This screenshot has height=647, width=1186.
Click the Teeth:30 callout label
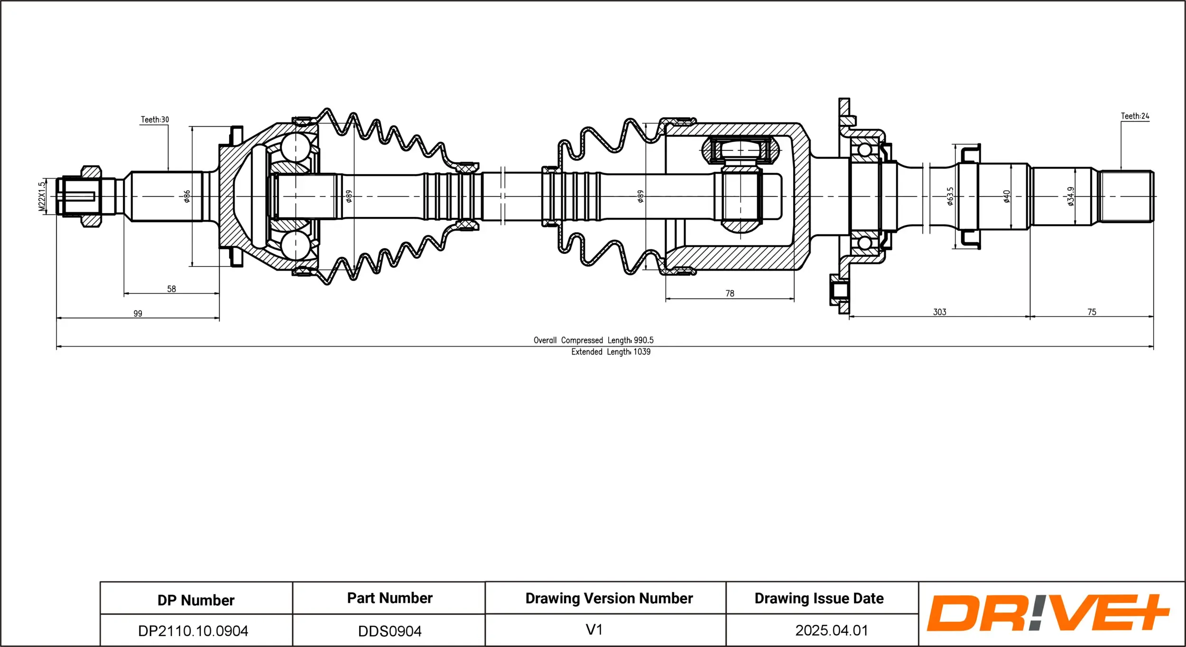coord(155,120)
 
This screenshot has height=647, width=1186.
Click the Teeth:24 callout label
coord(1135,116)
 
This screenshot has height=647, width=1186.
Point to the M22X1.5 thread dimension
coord(42,196)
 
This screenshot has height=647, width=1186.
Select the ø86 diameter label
coord(187,196)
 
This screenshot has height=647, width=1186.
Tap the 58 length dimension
coord(171,289)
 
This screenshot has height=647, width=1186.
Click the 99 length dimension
coord(138,313)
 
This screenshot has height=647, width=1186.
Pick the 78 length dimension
coord(730,293)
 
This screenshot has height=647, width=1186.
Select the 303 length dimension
coord(939,312)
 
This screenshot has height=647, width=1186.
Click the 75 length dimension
coord(1092,312)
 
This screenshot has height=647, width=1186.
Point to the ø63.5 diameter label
coord(950,196)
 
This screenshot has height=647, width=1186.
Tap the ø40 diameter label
coord(1007,196)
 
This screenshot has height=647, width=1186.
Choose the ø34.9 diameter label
coord(1071,196)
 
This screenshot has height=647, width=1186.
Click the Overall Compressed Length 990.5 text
coord(593,340)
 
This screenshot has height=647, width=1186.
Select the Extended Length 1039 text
coord(611,352)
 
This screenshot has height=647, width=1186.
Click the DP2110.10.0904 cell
coord(193,631)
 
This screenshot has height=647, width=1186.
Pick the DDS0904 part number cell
coord(389,631)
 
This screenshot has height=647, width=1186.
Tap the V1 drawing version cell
coord(594,629)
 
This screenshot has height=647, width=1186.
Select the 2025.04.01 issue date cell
coord(832,630)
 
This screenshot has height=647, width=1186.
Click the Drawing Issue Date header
coord(819,598)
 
